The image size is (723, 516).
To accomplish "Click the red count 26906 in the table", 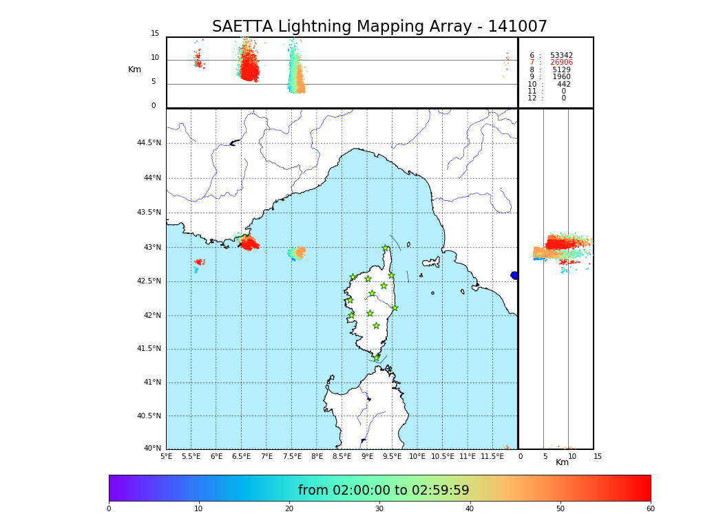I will tap(561, 63).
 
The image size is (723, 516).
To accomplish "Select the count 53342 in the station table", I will tap(561, 55).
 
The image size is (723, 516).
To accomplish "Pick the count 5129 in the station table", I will tap(561, 69).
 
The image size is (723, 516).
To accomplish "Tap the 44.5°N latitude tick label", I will tap(149, 143).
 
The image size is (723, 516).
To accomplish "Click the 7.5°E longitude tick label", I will tap(292, 457).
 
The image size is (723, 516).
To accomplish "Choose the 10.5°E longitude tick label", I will tap(442, 457).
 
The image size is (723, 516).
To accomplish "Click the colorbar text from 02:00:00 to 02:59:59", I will tap(384, 491).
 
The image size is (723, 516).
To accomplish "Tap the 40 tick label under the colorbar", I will tap(470, 509).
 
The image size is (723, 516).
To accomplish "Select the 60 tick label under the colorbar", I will tap(650, 509).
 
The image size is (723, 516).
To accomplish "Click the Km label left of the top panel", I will tap(134, 69).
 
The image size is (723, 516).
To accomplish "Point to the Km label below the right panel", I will tap(562, 462).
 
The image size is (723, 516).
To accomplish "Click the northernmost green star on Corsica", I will tap(386, 248).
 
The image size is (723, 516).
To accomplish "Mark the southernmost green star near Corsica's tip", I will tap(376, 358).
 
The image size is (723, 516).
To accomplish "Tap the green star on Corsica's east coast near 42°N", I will tap(395, 308).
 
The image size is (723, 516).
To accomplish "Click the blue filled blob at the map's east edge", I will tap(514, 275).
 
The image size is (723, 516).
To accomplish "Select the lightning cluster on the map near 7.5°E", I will tap(297, 253).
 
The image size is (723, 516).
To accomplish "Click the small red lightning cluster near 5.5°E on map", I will tap(198, 262).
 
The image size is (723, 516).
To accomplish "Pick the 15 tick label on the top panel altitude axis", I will tap(155, 34).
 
